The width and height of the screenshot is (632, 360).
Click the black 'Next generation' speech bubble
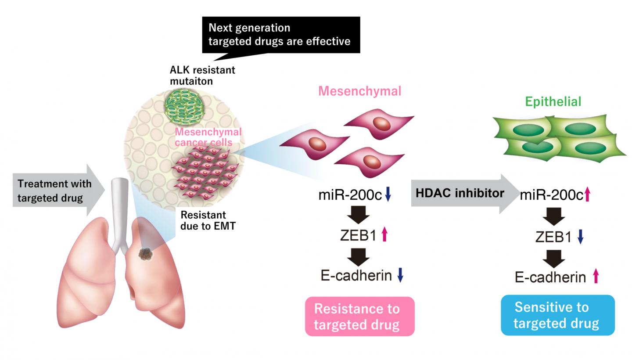click(281, 35)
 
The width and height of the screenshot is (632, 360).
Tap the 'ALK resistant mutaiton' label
click(202, 76)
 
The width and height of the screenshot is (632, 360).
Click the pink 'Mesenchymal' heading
click(359, 91)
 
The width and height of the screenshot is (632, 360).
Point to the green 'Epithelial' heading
click(553, 101)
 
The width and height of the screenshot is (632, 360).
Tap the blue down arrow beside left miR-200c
click(388, 194)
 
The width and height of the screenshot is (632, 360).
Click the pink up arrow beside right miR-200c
click(587, 194)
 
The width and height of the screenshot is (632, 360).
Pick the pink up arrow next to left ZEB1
click(384, 234)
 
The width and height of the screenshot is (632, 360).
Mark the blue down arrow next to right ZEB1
click(580, 236)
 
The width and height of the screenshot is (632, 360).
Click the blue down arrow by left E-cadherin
click(400, 275)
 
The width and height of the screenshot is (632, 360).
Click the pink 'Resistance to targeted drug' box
click(359, 317)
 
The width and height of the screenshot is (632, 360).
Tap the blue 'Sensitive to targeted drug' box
click(557, 315)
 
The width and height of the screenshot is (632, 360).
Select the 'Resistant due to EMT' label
click(208, 220)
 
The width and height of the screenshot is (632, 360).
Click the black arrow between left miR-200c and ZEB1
click(359, 215)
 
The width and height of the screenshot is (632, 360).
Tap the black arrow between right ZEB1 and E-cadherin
click(554, 259)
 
